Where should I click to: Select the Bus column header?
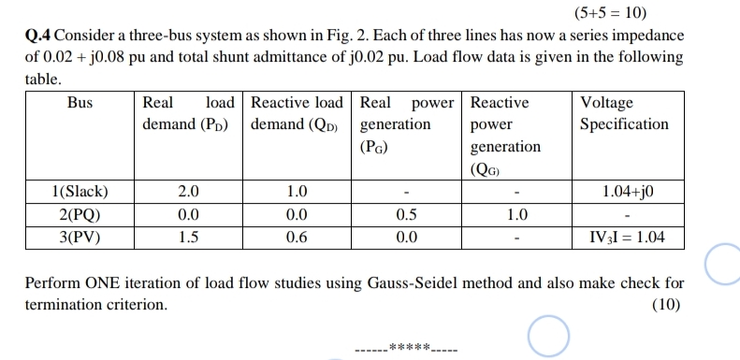(80, 103)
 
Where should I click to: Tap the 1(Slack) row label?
(80, 193)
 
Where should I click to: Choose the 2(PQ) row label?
(80, 214)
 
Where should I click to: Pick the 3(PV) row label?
(80, 237)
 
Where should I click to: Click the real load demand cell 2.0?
(188, 193)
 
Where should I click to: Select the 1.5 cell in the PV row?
(188, 237)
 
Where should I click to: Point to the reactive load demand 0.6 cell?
(297, 237)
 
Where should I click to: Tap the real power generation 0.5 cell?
(407, 214)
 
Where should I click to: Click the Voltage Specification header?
(624, 113)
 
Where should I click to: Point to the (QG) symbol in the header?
(492, 169)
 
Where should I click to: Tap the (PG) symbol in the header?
(374, 147)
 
